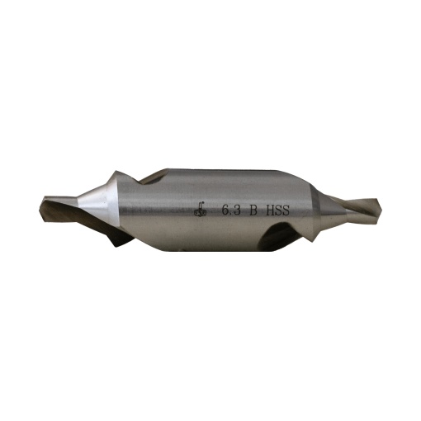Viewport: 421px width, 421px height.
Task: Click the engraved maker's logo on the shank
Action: point(200,210)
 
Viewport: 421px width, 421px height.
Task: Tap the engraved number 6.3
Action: point(231,210)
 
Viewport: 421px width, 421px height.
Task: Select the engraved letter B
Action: point(253,210)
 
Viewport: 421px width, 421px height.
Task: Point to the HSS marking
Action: point(277,210)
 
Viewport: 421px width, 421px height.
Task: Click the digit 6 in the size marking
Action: point(225,210)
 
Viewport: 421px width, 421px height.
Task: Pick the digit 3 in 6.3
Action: point(237,210)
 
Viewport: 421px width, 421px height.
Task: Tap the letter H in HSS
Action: point(270,210)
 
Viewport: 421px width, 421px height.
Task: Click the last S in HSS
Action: point(286,210)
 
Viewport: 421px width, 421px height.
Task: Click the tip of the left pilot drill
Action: point(40,209)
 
